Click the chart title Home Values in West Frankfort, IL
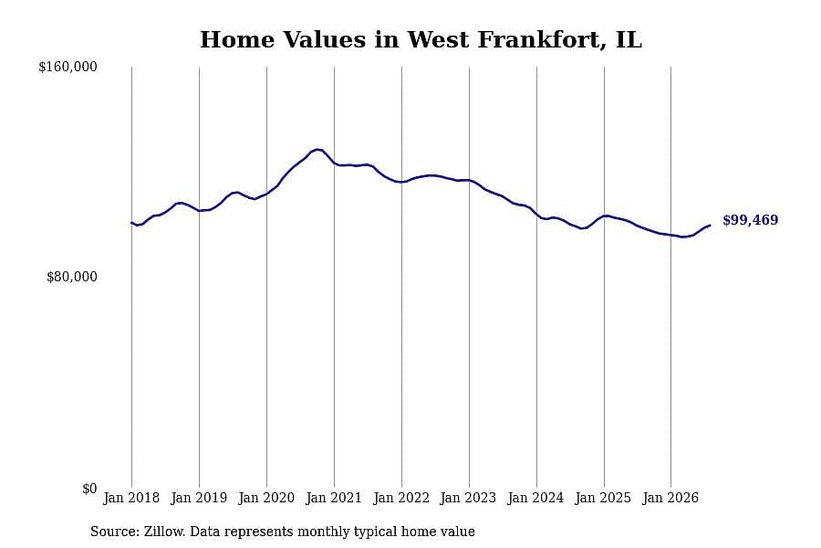(421, 40)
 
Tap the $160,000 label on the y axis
(68, 67)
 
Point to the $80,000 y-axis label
(72, 277)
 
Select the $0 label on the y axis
(89, 489)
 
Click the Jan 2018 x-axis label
(131, 498)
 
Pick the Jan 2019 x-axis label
(199, 498)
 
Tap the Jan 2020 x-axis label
(266, 498)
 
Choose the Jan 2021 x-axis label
(334, 498)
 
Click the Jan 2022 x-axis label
(401, 498)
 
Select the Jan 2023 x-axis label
(468, 498)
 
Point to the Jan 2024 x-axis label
(535, 498)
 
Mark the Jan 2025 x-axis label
(603, 498)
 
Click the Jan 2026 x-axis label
(670, 498)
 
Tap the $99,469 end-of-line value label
(751, 220)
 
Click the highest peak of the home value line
(317, 150)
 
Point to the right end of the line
(710, 226)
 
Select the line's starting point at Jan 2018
(131, 223)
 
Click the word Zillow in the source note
(164, 532)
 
